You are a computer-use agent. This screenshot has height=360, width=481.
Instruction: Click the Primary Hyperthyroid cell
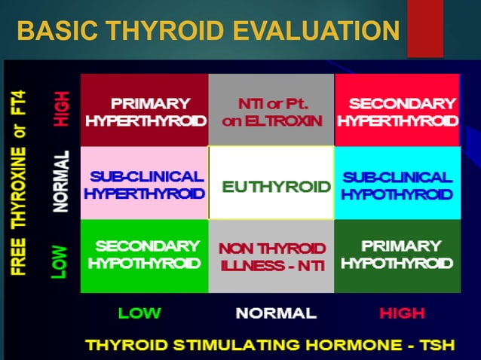tap(144, 111)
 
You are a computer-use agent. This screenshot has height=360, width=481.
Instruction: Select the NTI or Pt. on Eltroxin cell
tap(271, 111)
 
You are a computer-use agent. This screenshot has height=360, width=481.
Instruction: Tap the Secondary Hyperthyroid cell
tap(397, 111)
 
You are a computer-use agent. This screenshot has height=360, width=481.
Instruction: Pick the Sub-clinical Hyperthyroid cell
tap(144, 184)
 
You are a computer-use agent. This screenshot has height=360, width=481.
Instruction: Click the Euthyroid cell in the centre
tap(271, 184)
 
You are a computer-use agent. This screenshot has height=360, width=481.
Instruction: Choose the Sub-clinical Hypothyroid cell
tap(397, 184)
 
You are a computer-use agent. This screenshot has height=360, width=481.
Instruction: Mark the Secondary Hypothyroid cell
tap(144, 255)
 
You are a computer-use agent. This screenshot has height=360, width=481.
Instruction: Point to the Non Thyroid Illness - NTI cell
tap(271, 255)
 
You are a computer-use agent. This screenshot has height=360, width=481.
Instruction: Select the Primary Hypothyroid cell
tap(397, 255)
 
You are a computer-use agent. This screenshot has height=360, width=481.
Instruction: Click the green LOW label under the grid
tap(140, 313)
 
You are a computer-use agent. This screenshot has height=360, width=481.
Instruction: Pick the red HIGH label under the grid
tap(402, 313)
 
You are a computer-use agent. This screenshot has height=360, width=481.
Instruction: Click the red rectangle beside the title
tap(424, 29)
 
